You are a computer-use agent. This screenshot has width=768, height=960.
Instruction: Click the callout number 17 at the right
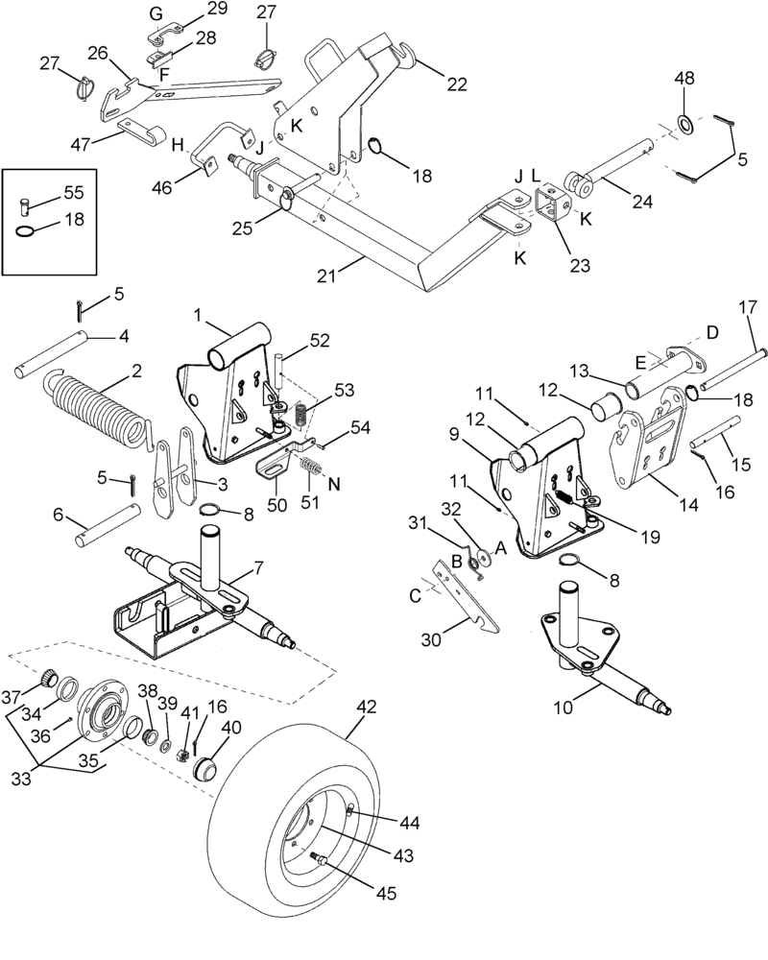click(749, 308)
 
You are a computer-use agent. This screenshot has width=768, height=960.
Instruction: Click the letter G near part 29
click(157, 12)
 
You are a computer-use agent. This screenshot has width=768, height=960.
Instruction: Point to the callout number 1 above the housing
click(197, 315)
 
